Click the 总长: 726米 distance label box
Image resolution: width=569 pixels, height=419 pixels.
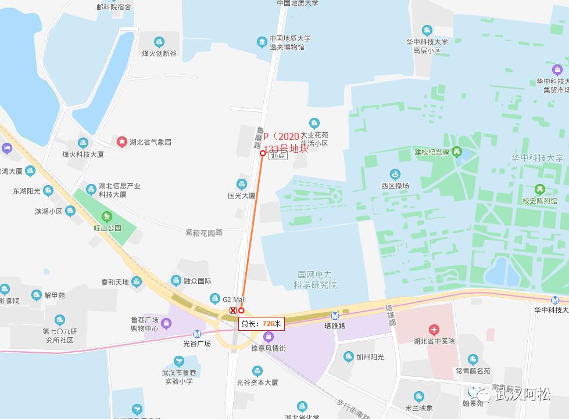(x=262, y=324)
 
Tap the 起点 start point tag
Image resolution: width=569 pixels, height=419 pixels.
(x=278, y=156)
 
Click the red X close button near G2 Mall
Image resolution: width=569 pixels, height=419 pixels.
(x=233, y=310)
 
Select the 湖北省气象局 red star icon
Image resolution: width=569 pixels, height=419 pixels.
(x=121, y=142)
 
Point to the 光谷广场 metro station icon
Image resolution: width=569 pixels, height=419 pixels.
(x=198, y=334)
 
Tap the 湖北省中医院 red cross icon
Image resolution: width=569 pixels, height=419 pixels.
(x=434, y=330)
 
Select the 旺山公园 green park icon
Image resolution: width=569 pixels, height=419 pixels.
(x=106, y=217)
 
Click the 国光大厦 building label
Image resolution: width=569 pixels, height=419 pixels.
(x=241, y=196)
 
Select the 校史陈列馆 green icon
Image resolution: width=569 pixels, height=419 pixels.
(x=539, y=189)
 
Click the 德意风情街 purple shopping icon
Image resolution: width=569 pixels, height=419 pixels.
(x=268, y=337)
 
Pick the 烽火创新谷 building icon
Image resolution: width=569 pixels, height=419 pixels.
(x=159, y=42)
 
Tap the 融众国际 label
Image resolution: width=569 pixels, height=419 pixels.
(x=197, y=281)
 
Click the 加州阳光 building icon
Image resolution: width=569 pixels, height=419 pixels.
(x=348, y=357)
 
